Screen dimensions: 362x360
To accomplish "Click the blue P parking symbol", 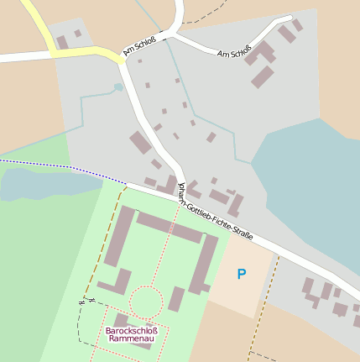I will (242, 274).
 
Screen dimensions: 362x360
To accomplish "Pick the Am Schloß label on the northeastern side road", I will (234, 54).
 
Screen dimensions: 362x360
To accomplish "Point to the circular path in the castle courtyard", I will (146, 301).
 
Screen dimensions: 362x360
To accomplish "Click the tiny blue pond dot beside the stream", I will (118, 87).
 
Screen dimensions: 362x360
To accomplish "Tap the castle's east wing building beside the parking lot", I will (204, 262).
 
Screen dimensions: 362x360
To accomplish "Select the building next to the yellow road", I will (62, 42).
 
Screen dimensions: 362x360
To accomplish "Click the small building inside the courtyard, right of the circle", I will (176, 298).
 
